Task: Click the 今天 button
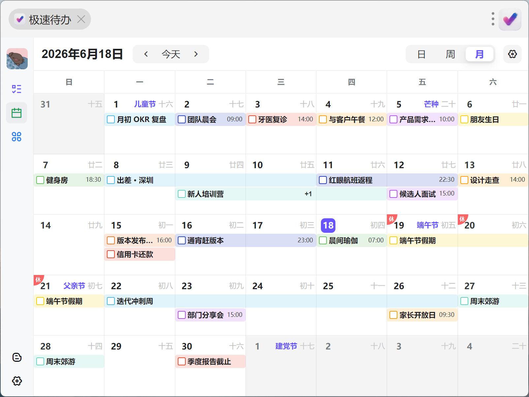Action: tap(171, 54)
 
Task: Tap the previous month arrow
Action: tap(146, 54)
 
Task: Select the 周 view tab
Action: tap(450, 54)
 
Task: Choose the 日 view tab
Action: tap(421, 54)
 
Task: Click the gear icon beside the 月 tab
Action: tap(513, 54)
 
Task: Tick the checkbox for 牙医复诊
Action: tap(252, 119)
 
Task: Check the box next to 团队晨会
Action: tap(181, 119)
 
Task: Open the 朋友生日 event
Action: tap(493, 119)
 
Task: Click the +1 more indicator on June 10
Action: tap(308, 194)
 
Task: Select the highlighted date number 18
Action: tap(328, 226)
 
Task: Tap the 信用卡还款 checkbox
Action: tap(110, 254)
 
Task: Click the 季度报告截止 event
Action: tap(210, 361)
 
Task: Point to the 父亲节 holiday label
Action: tap(74, 286)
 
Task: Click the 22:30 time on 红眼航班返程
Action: tap(446, 180)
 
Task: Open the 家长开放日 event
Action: tap(422, 315)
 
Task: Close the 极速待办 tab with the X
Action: tap(81, 19)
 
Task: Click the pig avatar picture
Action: tap(17, 59)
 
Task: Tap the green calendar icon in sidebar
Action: tap(16, 113)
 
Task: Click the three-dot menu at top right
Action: tap(493, 19)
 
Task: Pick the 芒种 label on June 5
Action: tap(431, 104)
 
